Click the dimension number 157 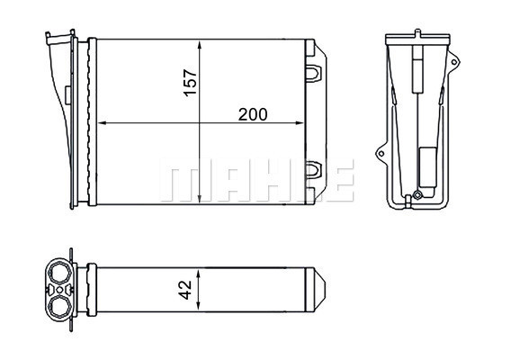(x=191, y=83)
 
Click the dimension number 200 (x=253, y=114)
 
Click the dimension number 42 (x=185, y=290)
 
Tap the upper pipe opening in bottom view (x=59, y=274)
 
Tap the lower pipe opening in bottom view (x=59, y=306)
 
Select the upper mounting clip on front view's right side (x=313, y=73)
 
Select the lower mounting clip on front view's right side (x=313, y=170)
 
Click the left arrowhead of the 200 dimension (x=103, y=123)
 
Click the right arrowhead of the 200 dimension (x=300, y=123)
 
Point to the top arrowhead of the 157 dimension (x=200, y=45)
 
